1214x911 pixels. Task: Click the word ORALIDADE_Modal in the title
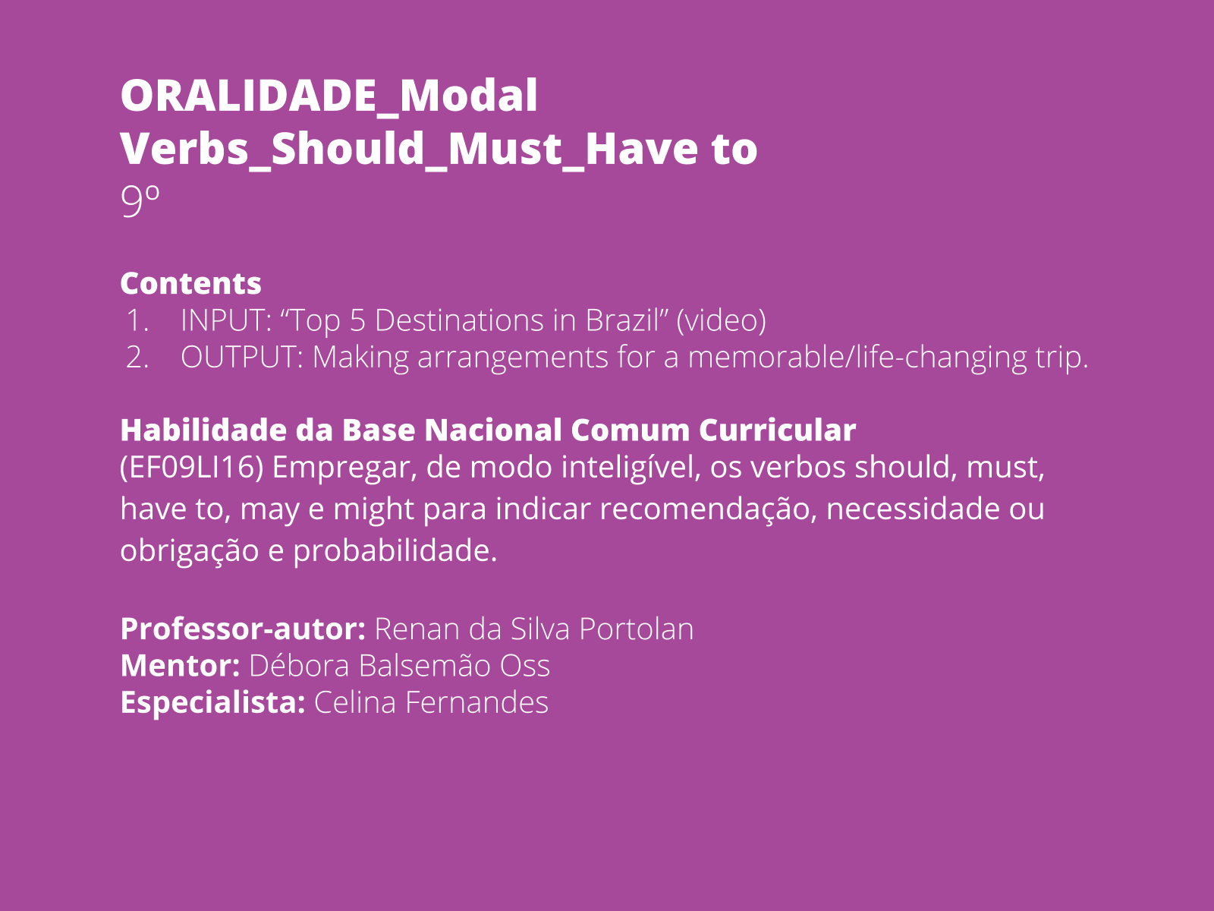[x=329, y=96]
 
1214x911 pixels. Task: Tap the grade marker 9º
[x=140, y=201]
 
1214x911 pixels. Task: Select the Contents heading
[x=190, y=283]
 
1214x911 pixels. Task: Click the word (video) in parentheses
[x=721, y=320]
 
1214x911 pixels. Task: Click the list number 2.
[x=137, y=357]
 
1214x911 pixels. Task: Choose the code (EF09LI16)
[x=192, y=467]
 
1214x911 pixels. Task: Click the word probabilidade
[x=395, y=550]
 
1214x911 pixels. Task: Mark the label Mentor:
[x=181, y=666]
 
